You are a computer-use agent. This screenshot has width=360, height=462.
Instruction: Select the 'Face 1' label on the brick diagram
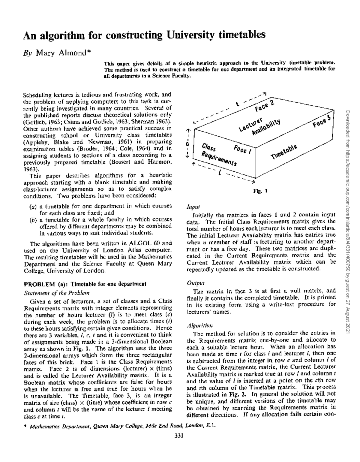pyautogui.click(x=243, y=149)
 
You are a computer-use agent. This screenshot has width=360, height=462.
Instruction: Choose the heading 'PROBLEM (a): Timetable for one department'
pyautogui.click(x=85, y=284)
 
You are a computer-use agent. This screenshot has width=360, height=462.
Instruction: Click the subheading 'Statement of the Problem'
pyautogui.click(x=56, y=293)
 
